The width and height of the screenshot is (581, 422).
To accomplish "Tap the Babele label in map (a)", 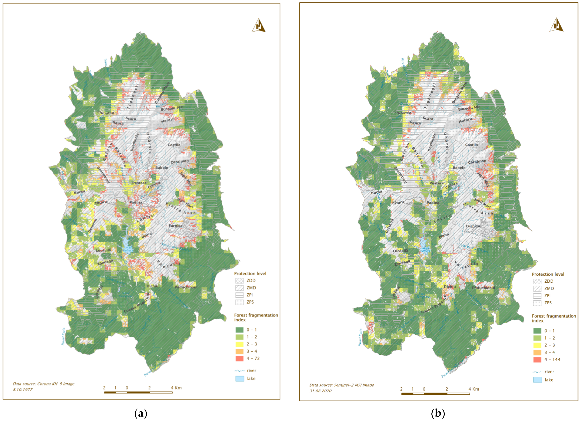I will [x=162, y=168].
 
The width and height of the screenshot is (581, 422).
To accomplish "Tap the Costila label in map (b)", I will [x=471, y=145].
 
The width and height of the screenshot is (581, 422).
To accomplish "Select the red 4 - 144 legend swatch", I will [x=537, y=360].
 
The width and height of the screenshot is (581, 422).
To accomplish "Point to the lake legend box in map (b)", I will [x=537, y=380].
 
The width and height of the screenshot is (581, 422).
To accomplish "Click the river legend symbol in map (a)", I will [x=240, y=371].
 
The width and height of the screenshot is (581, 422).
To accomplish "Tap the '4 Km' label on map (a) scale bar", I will [x=176, y=388].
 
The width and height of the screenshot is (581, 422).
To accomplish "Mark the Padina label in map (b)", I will [x=433, y=203].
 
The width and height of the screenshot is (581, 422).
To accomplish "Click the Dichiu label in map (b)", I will [x=450, y=287].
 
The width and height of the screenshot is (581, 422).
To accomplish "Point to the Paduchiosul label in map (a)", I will [x=186, y=287].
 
